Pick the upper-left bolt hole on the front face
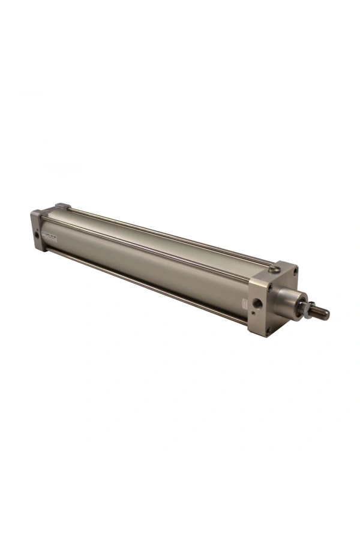(x=271, y=287)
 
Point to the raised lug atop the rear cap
(x=63, y=206)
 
